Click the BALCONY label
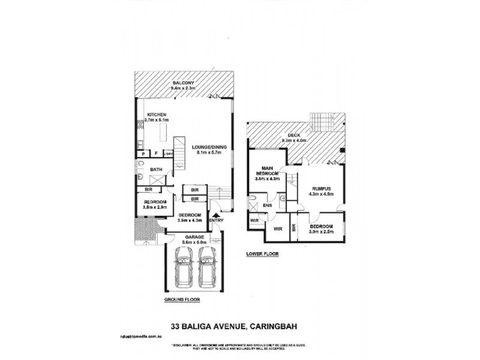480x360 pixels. tap(182, 83)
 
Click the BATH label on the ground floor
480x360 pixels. tap(156, 170)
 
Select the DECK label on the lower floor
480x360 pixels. tap(294, 136)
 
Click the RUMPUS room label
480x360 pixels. tap(320, 188)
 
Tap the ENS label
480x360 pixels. tap(267, 206)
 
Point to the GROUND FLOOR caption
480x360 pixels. tap(182, 299)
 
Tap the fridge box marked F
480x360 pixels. tap(156, 154)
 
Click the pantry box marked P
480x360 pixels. tap(143, 154)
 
